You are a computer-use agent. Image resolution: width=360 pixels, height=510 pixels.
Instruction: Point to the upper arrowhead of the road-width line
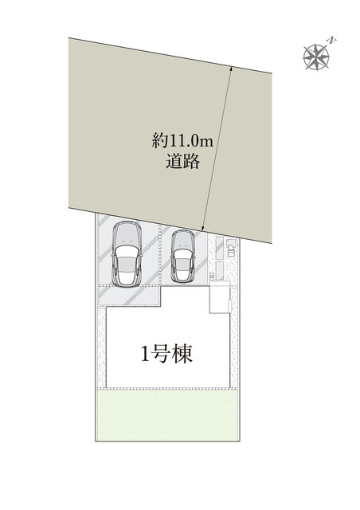(231, 70)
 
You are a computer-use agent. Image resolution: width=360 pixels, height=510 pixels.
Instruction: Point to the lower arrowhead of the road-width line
(205, 229)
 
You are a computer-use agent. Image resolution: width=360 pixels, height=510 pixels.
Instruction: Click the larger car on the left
(127, 253)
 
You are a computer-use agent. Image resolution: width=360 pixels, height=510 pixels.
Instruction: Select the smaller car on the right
(182, 257)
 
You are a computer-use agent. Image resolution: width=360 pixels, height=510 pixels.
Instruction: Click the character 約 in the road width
(159, 141)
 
